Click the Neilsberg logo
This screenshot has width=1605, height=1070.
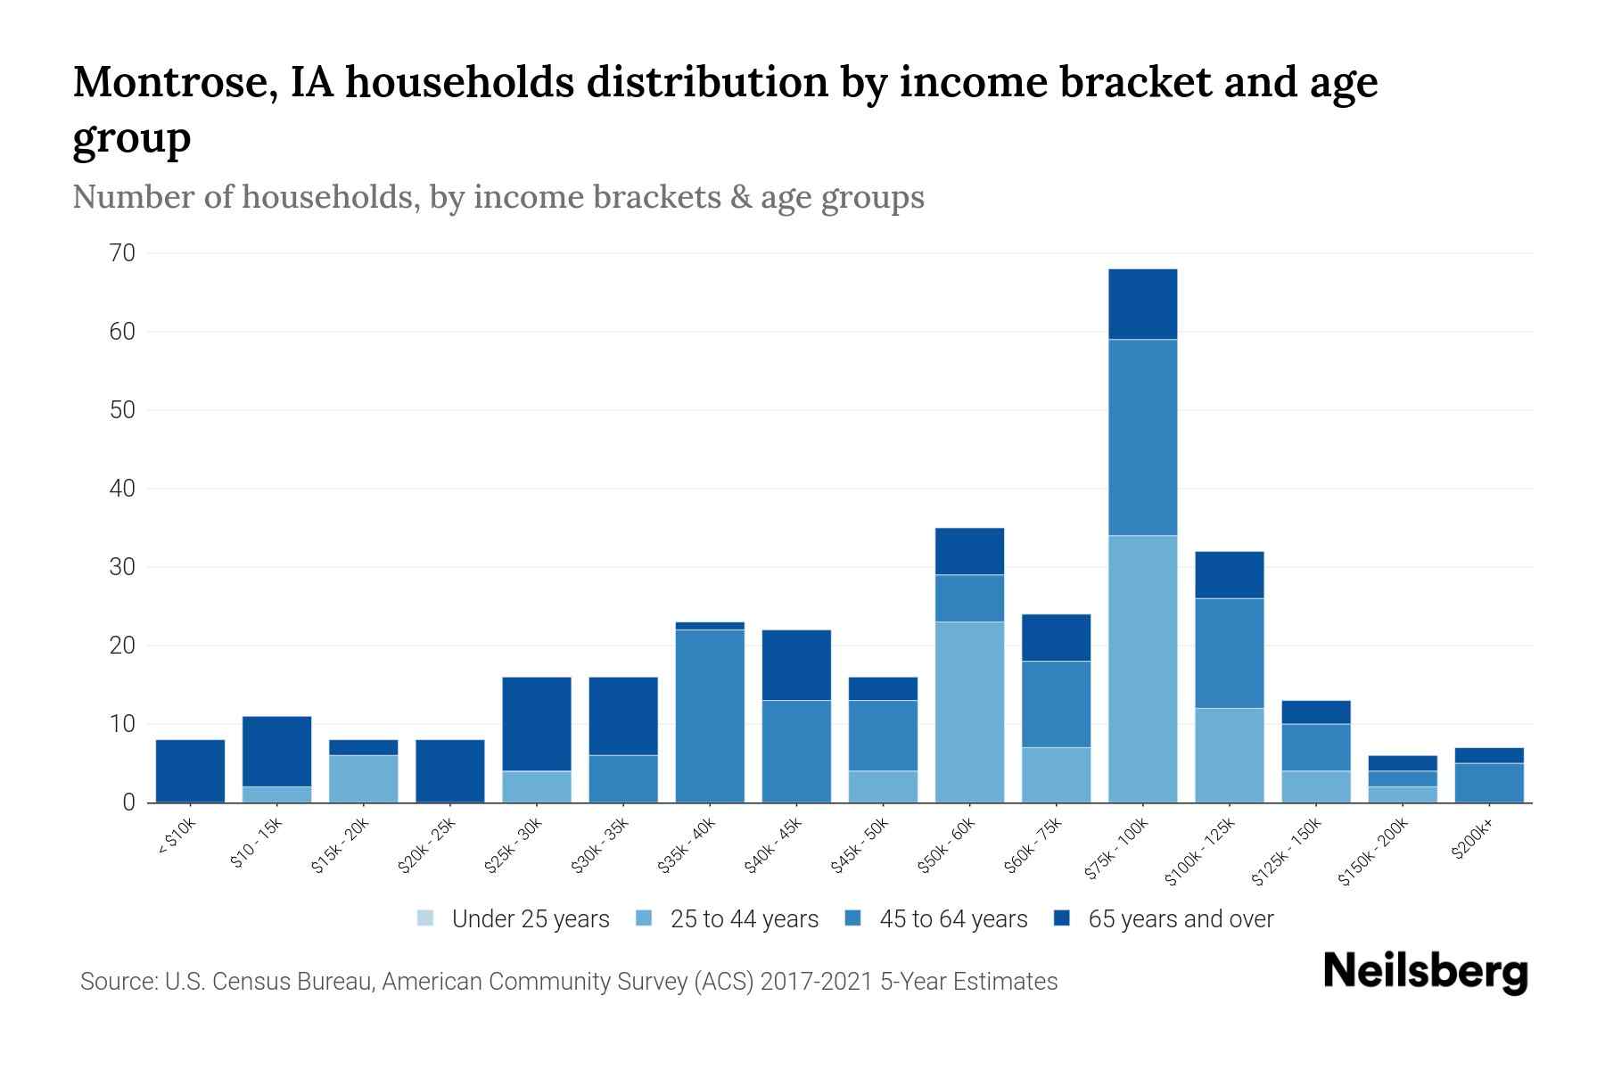(x=1425, y=972)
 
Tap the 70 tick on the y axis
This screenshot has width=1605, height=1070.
(x=123, y=254)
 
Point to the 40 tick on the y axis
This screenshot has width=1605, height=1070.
(x=123, y=489)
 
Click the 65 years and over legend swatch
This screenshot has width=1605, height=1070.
(x=1061, y=918)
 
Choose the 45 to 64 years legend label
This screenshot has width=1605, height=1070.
(x=953, y=919)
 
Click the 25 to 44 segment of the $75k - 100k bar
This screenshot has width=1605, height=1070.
(x=1142, y=669)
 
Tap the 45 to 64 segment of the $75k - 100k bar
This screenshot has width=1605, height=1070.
(x=1142, y=437)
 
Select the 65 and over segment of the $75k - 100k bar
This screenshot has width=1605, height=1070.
(x=1142, y=304)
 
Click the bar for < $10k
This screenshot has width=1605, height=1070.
(x=190, y=770)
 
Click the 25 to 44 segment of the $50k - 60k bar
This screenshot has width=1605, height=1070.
(x=969, y=712)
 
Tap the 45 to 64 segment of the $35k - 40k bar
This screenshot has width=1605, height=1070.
(x=710, y=716)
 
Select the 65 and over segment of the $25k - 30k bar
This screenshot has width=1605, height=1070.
(x=537, y=724)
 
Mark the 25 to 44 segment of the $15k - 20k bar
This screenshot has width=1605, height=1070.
(x=364, y=778)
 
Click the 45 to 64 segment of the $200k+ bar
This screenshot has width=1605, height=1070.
(x=1489, y=782)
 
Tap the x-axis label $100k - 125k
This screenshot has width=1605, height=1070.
(x=1200, y=852)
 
